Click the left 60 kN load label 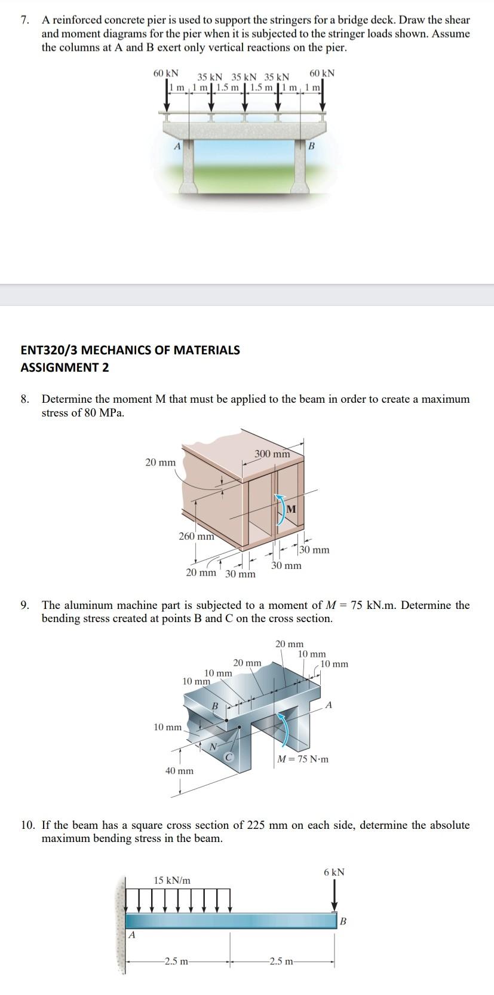point(165,74)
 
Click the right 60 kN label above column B point(323,74)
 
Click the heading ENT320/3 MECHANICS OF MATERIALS point(130,350)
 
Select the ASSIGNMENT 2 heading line point(65,368)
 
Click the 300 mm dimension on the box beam point(272,454)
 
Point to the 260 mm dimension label point(197,536)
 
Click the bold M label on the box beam point(291,509)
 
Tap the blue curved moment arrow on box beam point(278,508)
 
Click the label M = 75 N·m point(303,760)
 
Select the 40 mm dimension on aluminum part point(179,771)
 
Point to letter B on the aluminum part point(215,706)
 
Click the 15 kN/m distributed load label point(172,880)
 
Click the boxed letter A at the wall point(132,935)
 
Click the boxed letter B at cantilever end point(343,921)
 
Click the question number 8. point(24,399)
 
